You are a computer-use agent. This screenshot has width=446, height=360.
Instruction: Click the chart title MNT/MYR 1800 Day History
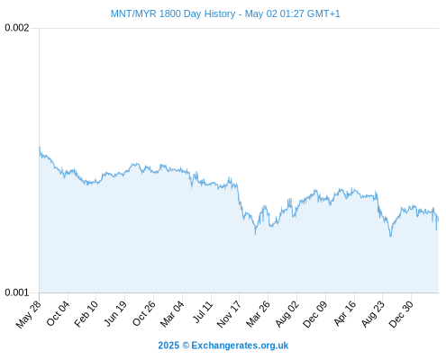[x=173, y=13]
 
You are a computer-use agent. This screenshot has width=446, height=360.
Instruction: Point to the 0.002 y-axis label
[x=17, y=28]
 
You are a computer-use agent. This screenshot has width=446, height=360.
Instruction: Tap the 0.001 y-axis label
[x=17, y=292]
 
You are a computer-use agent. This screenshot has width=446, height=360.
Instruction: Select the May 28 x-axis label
[x=29, y=314]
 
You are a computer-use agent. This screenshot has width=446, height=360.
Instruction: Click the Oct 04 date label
[x=58, y=313]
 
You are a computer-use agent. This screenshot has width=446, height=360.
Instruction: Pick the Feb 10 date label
[x=86, y=314]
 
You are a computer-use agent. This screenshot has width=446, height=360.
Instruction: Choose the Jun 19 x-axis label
[x=115, y=313]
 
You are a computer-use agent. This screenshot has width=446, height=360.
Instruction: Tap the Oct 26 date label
[x=144, y=313]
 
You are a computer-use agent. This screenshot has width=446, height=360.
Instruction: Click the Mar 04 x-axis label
[x=172, y=314]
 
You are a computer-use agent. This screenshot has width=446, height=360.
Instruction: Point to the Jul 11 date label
[x=203, y=312]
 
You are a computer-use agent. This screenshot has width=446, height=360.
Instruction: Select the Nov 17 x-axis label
[x=229, y=314]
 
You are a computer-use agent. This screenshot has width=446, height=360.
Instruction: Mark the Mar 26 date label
[x=258, y=314]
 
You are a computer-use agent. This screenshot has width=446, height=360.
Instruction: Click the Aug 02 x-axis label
[x=287, y=314]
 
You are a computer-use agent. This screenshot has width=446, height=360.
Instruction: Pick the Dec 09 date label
[x=315, y=314]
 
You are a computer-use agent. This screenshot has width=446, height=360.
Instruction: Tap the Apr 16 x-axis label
[x=345, y=313]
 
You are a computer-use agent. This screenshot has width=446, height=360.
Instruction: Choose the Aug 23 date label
[x=373, y=314]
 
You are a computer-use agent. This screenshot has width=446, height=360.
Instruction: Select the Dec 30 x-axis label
[x=401, y=314]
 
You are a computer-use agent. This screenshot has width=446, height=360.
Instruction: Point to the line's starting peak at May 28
[x=40, y=147]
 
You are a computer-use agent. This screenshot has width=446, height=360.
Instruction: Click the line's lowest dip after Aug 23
[x=390, y=237]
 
